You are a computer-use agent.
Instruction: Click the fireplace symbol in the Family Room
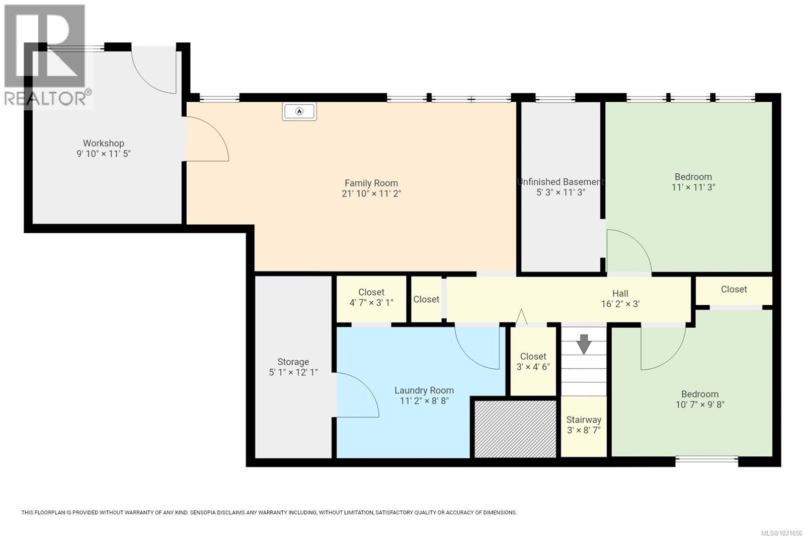(299, 111)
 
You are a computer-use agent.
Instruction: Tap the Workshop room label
(103, 144)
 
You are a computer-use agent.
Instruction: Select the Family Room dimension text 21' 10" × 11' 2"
(371, 193)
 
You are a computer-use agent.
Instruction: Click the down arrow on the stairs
(584, 344)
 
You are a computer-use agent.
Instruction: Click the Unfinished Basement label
(560, 182)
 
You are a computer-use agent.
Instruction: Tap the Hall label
(620, 293)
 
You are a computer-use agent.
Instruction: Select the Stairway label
(584, 420)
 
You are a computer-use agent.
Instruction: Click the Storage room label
(293, 362)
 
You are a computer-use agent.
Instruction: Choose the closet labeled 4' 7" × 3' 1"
(371, 298)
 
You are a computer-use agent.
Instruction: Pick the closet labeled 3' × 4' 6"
(533, 361)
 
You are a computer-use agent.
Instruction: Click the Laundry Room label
(424, 390)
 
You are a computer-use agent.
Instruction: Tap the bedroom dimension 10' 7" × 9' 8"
(699, 405)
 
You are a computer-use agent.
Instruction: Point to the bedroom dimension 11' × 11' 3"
(693, 187)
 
